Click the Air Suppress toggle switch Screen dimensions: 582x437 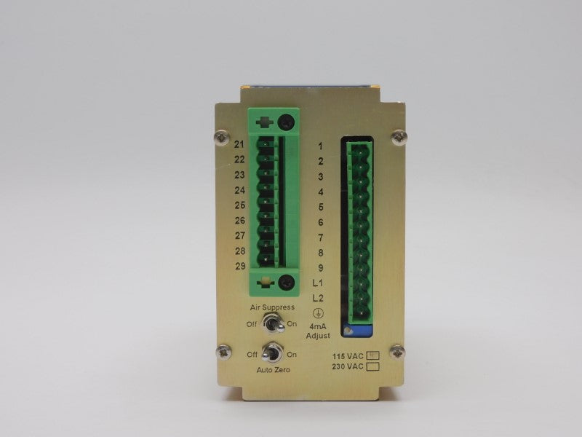tap(274, 323)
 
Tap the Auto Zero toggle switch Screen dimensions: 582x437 tap(272, 353)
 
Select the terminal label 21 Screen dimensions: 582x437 tap(239, 144)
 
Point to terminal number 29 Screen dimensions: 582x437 tap(240, 266)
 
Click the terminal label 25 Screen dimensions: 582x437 tap(240, 205)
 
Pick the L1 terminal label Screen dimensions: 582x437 tap(318, 283)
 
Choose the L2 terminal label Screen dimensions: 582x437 tap(318, 298)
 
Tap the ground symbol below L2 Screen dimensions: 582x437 tap(318, 313)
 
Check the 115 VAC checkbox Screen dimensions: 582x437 tap(372, 355)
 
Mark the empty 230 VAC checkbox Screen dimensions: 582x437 tap(372, 367)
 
